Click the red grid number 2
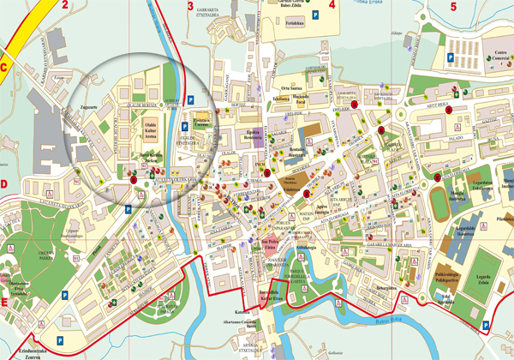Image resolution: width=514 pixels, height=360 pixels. pyautogui.click(x=65, y=4)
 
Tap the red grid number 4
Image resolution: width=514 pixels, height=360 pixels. pyautogui.click(x=331, y=5)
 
